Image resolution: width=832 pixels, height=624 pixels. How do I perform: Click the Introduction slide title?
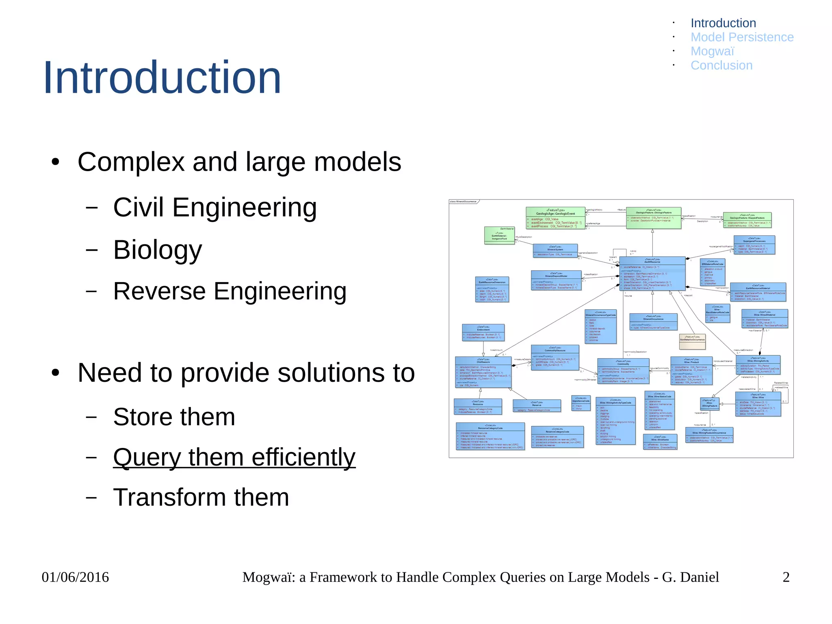click(x=162, y=77)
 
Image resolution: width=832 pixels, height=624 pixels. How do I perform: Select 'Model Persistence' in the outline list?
click(x=742, y=37)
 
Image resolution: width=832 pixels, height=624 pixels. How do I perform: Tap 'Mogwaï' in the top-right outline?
click(x=712, y=51)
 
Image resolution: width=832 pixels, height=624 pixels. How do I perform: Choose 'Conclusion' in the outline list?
click(x=721, y=65)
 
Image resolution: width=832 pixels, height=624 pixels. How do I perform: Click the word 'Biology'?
click(x=158, y=250)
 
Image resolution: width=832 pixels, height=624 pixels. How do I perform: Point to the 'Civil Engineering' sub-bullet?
click(x=214, y=207)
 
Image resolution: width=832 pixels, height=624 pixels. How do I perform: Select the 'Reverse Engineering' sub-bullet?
click(x=230, y=291)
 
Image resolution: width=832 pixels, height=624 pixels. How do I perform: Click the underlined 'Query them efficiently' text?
click(x=234, y=457)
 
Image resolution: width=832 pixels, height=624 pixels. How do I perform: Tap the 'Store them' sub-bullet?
click(x=174, y=417)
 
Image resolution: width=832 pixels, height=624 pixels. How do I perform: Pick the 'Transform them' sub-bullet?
click(x=201, y=497)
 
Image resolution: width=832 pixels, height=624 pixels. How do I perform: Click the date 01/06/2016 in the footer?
click(x=75, y=577)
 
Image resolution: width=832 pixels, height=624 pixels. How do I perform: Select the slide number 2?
click(x=786, y=577)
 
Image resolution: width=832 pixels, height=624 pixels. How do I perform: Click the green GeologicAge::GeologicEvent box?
click(x=555, y=218)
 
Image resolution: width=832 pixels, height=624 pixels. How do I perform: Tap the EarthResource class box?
click(x=652, y=274)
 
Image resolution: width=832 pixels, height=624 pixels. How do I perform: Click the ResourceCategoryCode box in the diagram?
click(x=490, y=436)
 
